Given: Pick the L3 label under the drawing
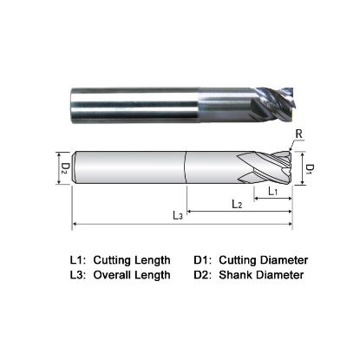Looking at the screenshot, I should pyautogui.click(x=177, y=214).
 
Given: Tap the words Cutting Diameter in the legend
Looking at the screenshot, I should pyautogui.click(x=263, y=259).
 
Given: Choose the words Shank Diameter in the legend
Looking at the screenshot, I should pyautogui.click(x=260, y=275).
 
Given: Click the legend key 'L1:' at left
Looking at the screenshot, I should pyautogui.click(x=78, y=259).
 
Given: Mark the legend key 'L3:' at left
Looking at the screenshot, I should pyautogui.click(x=78, y=275).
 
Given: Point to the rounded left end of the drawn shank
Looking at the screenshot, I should pyautogui.click(x=78, y=166).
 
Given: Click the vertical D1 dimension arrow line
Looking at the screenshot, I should pyautogui.click(x=304, y=166).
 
